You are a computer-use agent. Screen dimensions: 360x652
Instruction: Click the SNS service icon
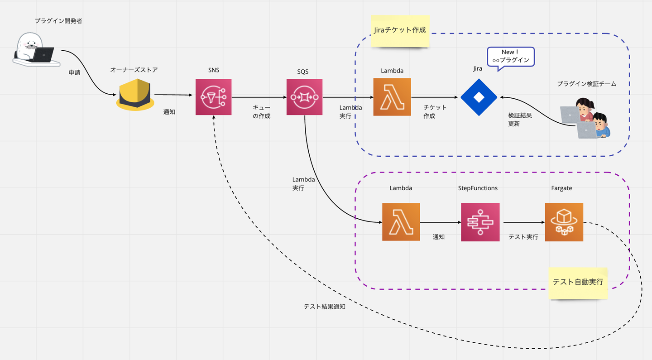point(213,97)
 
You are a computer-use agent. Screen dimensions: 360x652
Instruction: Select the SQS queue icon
point(304,97)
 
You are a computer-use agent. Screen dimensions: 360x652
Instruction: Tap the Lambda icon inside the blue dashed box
point(392,97)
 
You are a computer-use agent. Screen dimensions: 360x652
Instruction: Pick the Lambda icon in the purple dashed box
point(401,222)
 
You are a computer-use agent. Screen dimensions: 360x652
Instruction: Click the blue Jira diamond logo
point(479,97)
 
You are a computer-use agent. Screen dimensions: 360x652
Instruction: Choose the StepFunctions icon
point(480,222)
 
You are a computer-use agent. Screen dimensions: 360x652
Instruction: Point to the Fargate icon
point(564,222)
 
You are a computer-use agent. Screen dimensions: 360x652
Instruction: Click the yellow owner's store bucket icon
point(135,95)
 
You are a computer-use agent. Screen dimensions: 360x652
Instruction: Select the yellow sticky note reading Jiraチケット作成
point(400,30)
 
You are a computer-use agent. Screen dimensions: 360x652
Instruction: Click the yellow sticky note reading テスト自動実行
point(578,282)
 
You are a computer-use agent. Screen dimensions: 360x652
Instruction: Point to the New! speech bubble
point(510,57)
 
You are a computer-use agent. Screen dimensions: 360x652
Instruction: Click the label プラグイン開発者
point(58,21)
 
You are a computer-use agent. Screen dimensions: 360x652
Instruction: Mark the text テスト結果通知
point(324,307)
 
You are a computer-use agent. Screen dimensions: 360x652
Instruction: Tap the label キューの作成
point(261,112)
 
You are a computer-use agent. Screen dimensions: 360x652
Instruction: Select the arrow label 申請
point(74,72)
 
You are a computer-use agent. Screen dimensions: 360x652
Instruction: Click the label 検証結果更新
point(520,120)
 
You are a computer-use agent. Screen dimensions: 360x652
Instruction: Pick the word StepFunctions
point(478,188)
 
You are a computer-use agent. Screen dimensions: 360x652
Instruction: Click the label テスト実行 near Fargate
point(523,237)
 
